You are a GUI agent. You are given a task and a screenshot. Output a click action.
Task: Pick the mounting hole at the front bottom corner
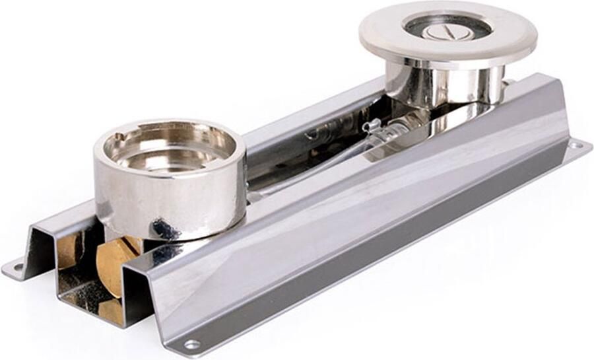[191, 344]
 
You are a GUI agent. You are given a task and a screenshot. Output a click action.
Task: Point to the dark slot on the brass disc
[129, 248]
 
